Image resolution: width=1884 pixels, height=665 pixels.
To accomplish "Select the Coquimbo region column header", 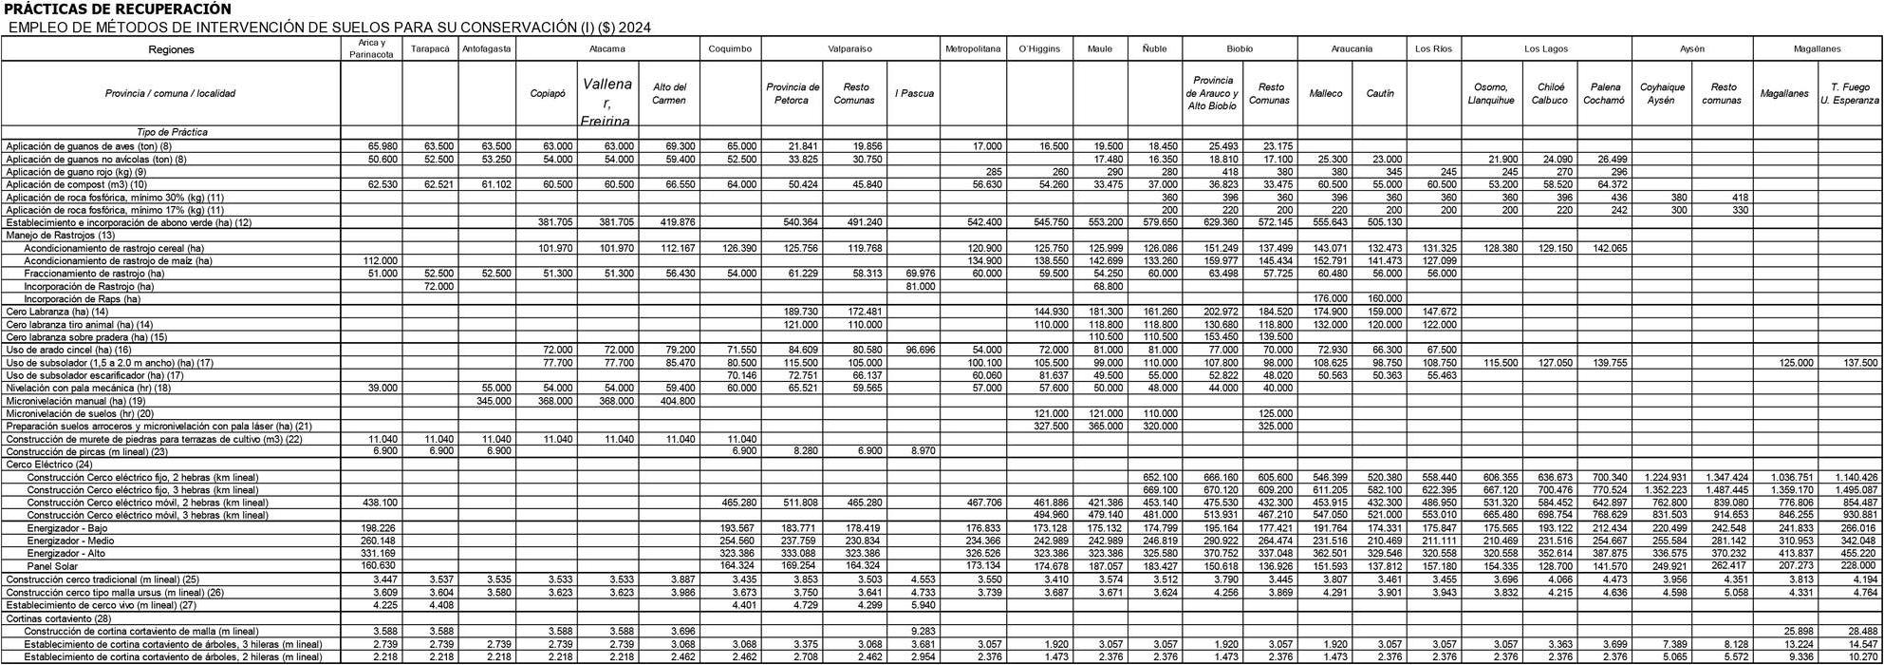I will click(x=730, y=48).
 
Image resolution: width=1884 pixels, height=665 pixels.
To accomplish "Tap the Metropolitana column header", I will click(x=973, y=48).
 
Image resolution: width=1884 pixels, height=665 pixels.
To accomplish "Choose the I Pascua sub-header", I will click(x=914, y=93).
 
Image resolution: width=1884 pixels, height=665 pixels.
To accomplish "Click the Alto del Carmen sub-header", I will click(x=669, y=93).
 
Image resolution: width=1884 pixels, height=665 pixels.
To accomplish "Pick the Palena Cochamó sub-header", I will click(x=1605, y=93).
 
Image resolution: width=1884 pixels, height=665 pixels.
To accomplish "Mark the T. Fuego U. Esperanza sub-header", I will click(x=1850, y=93).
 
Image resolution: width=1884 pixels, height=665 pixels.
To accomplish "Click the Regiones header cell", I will click(x=171, y=49).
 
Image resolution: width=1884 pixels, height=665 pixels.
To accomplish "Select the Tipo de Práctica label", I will click(x=171, y=132).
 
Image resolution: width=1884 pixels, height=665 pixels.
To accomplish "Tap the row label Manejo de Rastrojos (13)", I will click(x=61, y=235).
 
